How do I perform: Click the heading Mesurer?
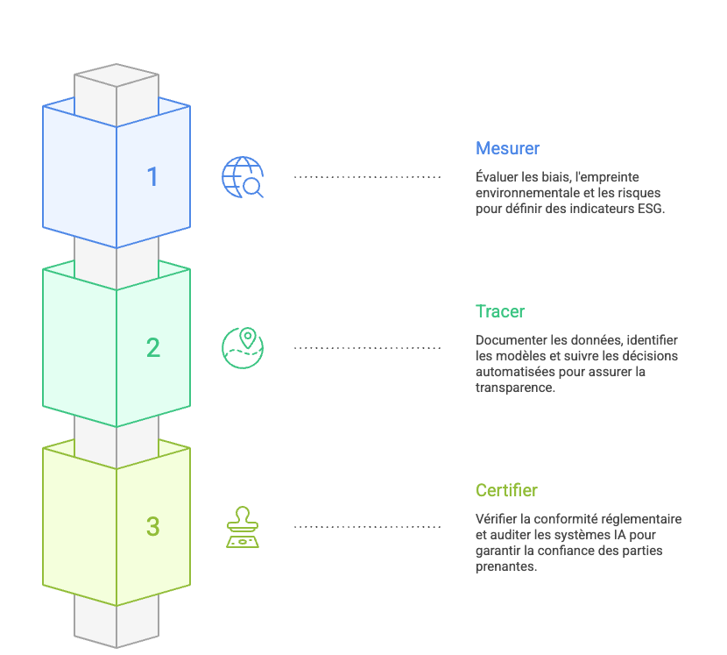[x=508, y=148]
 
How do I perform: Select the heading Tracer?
[x=500, y=311]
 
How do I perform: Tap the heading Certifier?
[x=506, y=490]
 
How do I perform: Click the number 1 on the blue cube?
[x=152, y=177]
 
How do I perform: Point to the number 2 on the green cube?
[x=152, y=348]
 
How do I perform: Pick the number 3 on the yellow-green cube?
[x=152, y=527]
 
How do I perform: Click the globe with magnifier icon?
[x=243, y=177]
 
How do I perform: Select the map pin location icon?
[x=243, y=348]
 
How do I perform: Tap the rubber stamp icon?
[x=243, y=527]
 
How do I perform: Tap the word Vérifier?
[x=495, y=519]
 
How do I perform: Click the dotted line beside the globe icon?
[x=367, y=177]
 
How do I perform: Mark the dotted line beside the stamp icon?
[x=367, y=527]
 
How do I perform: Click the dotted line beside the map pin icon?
[x=367, y=348]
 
